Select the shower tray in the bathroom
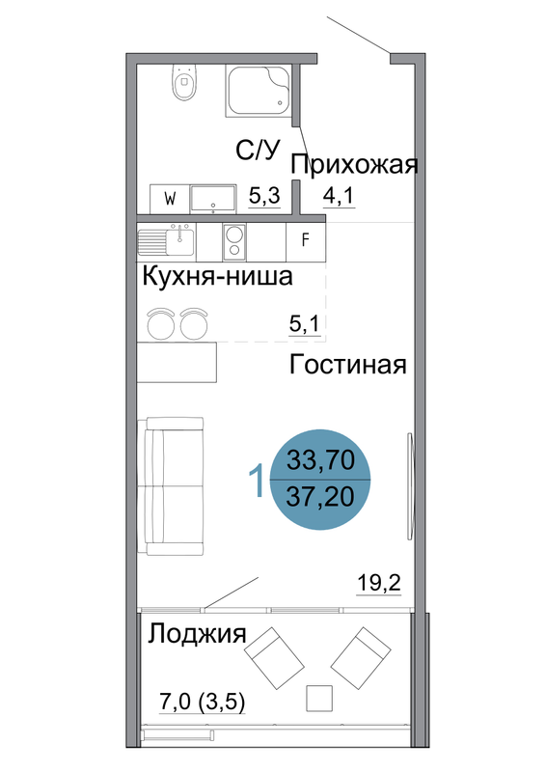pyautogui.click(x=259, y=91)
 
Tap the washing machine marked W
pyautogui.click(x=170, y=199)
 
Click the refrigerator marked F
pyautogui.click(x=305, y=241)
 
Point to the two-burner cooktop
pyautogui.click(x=234, y=241)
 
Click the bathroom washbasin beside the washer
pyautogui.click(x=213, y=199)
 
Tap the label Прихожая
pyautogui.click(x=354, y=164)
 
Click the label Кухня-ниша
pyautogui.click(x=217, y=276)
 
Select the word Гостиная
pyautogui.click(x=347, y=365)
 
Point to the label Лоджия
pyautogui.click(x=197, y=633)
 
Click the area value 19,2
pyautogui.click(x=378, y=584)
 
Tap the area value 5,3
pyautogui.click(x=264, y=196)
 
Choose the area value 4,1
pyautogui.click(x=339, y=196)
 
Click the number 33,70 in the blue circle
pyautogui.click(x=320, y=461)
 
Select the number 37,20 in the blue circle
pyautogui.click(x=320, y=496)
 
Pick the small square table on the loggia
pyautogui.click(x=319, y=698)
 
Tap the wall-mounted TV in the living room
pyautogui.click(x=410, y=486)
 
